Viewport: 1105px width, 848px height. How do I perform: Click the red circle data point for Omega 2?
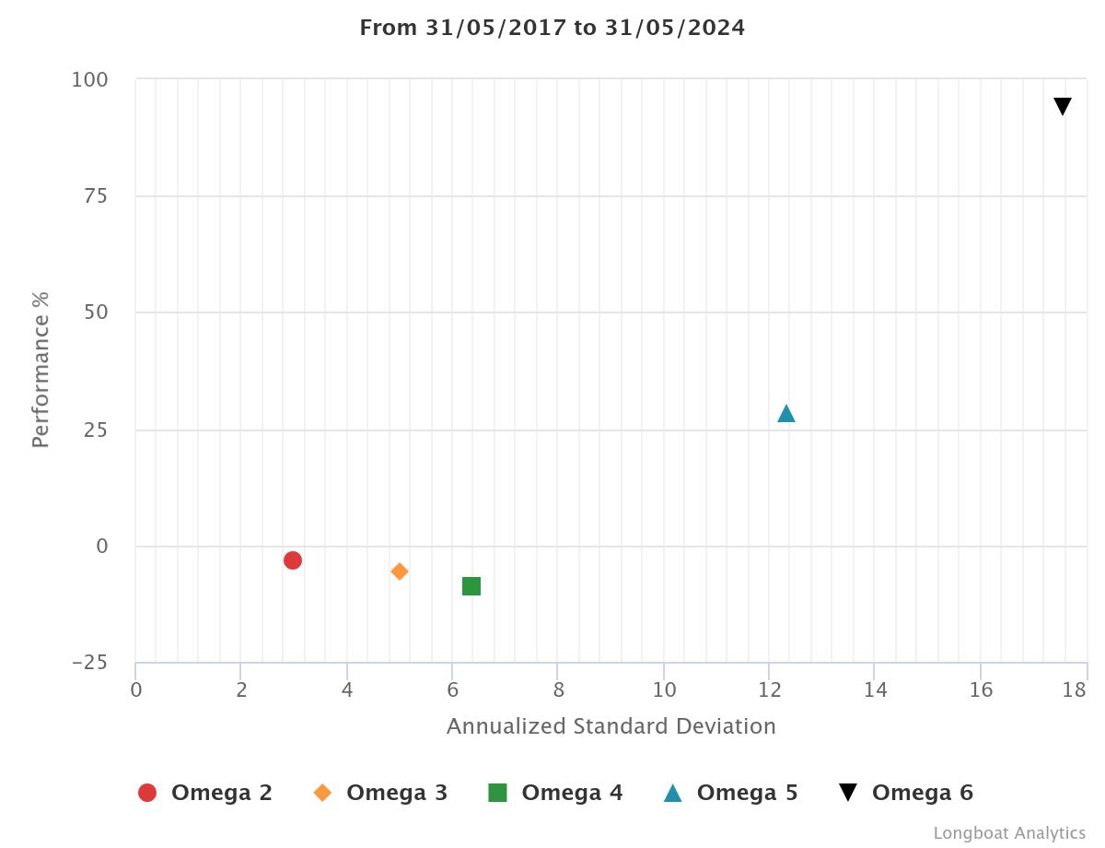293,560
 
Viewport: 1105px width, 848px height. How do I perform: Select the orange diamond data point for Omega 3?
400,571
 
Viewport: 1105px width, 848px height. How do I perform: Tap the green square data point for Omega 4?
471,586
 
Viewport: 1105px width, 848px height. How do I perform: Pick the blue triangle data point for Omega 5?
786,414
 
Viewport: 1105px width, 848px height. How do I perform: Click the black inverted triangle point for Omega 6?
1063,107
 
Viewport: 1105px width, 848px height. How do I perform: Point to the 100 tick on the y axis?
90,80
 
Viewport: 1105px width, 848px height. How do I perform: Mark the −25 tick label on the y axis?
88,664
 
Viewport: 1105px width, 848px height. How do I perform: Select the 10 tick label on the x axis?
664,690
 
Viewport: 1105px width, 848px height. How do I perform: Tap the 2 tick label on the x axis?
241,690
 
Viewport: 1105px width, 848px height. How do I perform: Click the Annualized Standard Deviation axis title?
611,726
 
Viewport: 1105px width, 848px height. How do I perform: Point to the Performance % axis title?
41,370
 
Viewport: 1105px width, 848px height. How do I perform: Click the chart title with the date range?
552,28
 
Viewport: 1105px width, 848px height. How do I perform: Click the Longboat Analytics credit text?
1009,833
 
